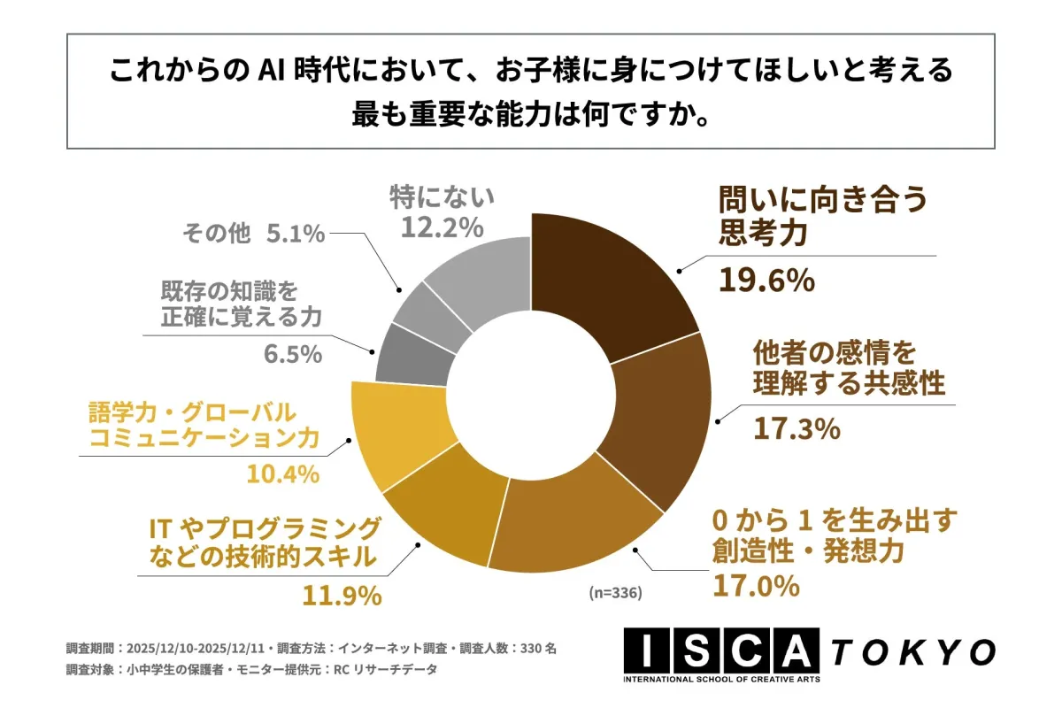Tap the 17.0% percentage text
tap(756, 585)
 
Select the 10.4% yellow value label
tap(279, 474)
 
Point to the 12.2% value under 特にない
tap(442, 227)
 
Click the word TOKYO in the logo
tap(912, 652)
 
